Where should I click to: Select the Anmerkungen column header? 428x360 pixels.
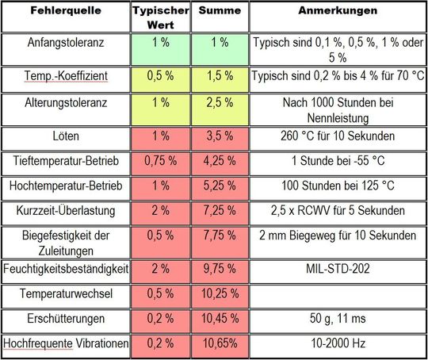point(337,12)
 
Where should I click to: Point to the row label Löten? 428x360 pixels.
point(67,136)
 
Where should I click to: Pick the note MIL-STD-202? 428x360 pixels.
point(337,269)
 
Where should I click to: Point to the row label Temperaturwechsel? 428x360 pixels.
point(67,293)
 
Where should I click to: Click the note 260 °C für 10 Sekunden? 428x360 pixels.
point(337,136)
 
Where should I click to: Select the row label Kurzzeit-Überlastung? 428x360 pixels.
point(67,211)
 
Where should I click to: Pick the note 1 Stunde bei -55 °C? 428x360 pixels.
point(337,161)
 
